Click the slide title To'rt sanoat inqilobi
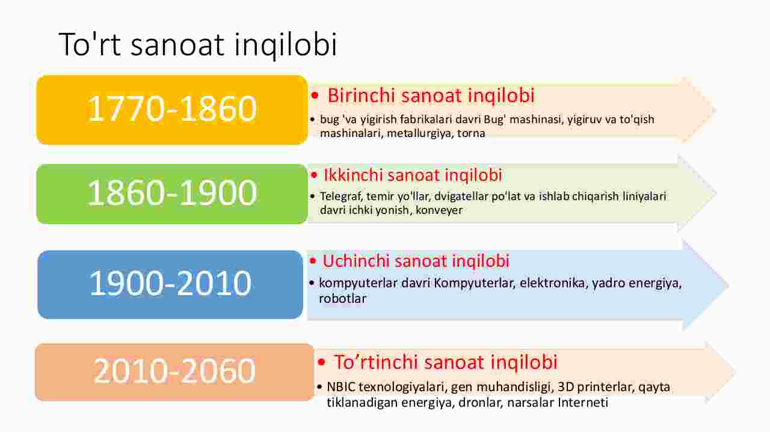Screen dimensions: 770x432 [198, 44]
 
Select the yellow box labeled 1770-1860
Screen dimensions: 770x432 [172, 110]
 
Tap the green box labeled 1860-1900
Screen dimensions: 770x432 [172, 194]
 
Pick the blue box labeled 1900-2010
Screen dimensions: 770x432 [170, 285]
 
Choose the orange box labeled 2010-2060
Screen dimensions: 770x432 [174, 372]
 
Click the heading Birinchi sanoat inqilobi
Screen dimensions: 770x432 [431, 96]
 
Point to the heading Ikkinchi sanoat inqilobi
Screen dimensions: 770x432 [413, 175]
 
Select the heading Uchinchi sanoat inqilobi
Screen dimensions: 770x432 [416, 261]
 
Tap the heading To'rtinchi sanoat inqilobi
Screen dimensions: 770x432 [446, 362]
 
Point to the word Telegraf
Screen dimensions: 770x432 [341, 196]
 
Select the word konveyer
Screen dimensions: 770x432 [439, 210]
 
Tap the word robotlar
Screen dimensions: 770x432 [342, 299]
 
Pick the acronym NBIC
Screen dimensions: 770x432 [340, 387]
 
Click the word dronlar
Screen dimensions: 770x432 [479, 403]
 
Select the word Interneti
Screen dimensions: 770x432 [583, 403]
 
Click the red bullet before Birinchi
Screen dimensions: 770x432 [315, 95]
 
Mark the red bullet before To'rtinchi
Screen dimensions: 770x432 [321, 362]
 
